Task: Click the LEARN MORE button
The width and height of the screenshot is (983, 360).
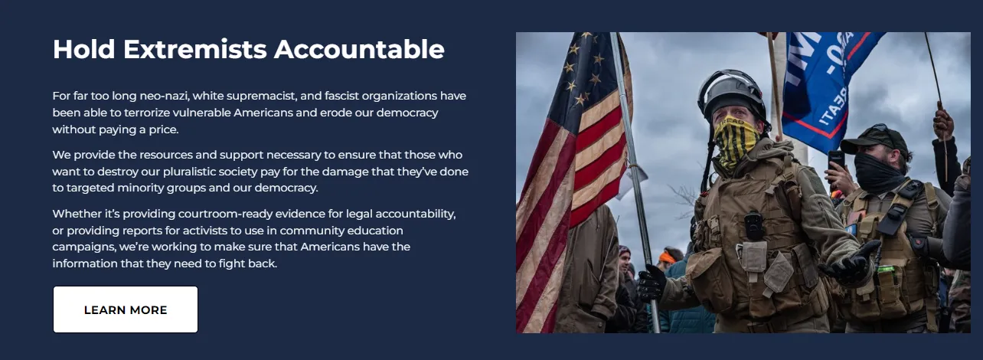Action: (126, 309)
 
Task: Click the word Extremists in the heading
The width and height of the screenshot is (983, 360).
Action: (195, 49)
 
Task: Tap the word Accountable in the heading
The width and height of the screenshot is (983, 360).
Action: (359, 49)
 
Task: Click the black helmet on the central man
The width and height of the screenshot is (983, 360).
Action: (730, 91)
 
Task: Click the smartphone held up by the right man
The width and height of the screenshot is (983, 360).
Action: (836, 161)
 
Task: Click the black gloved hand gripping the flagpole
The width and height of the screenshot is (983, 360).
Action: (652, 283)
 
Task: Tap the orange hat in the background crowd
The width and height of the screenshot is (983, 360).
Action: (667, 257)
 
